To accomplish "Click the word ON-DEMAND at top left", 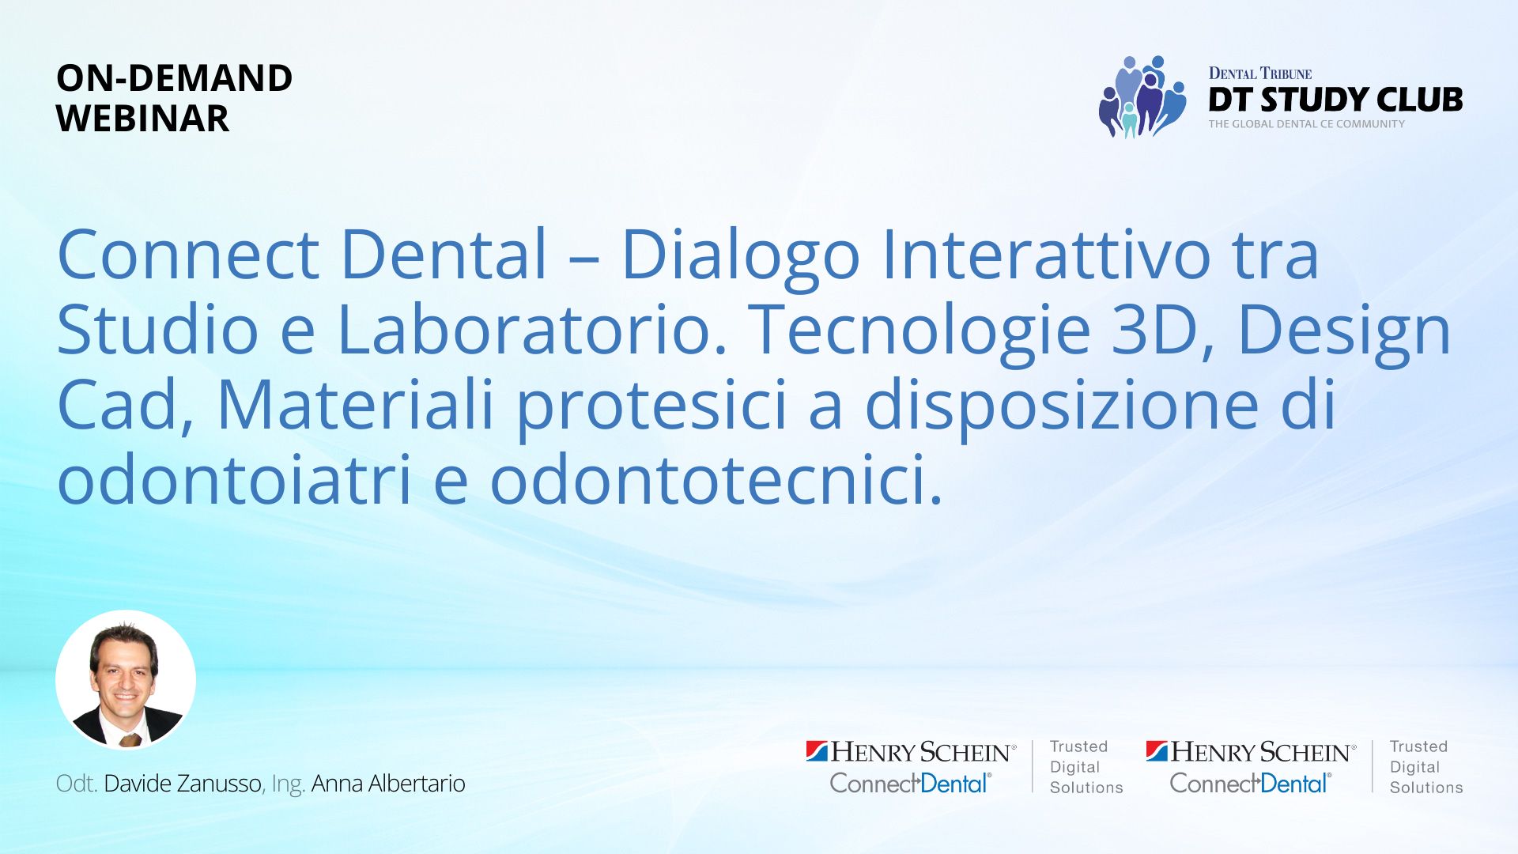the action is pyautogui.click(x=174, y=78).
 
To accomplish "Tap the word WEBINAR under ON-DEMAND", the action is pyautogui.click(x=142, y=119).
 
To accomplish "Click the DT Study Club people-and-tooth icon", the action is pyautogui.click(x=1142, y=96).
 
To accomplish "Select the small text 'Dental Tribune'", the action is pyautogui.click(x=1259, y=74).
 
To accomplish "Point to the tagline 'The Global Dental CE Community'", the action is pyautogui.click(x=1306, y=124).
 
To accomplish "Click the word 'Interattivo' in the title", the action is pyautogui.click(x=1045, y=255).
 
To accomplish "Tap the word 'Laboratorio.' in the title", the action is pyautogui.click(x=531, y=329).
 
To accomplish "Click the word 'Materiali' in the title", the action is pyautogui.click(x=355, y=405).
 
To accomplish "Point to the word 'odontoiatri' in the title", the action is pyautogui.click(x=234, y=479).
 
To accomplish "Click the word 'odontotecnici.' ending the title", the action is pyautogui.click(x=716, y=479).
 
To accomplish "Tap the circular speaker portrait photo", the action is pyautogui.click(x=126, y=680).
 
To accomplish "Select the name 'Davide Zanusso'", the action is pyautogui.click(x=183, y=784).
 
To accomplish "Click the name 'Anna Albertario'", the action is pyautogui.click(x=388, y=784).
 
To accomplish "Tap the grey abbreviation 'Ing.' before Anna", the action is pyautogui.click(x=288, y=785).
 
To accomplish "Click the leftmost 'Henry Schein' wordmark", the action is pyautogui.click(x=920, y=752).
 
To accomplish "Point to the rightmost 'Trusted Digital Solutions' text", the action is pyautogui.click(x=1426, y=767).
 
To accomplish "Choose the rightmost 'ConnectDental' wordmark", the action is pyautogui.click(x=1250, y=784).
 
